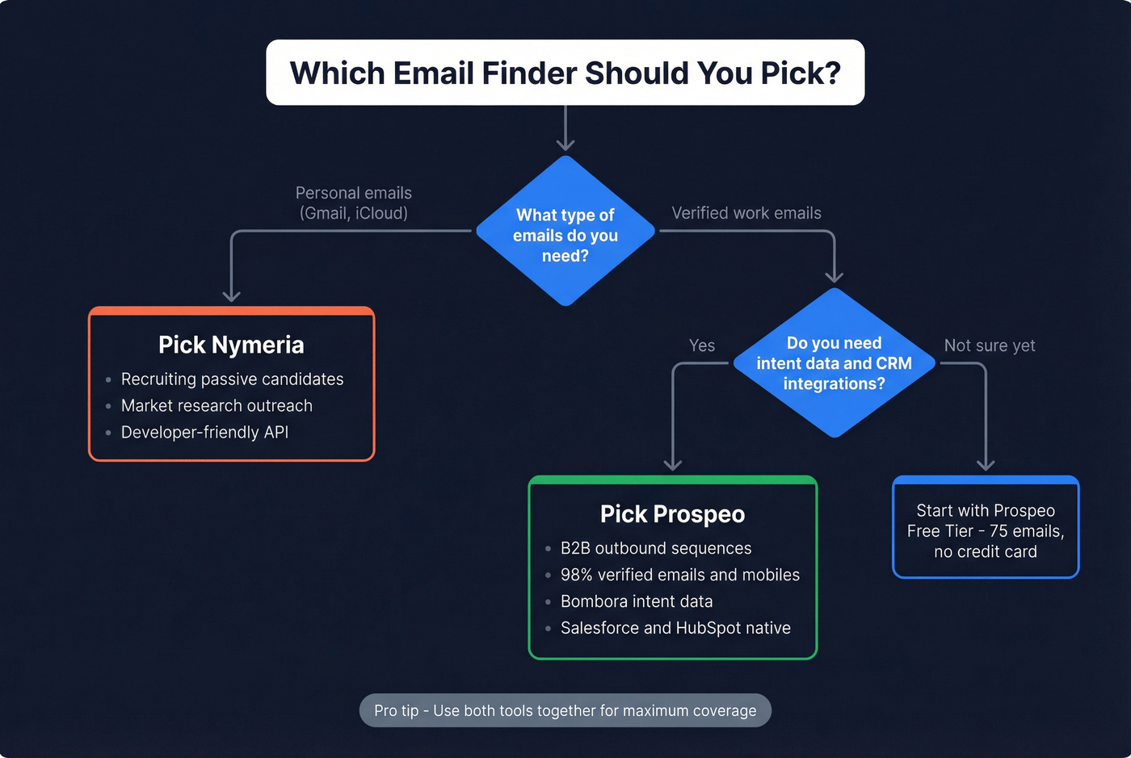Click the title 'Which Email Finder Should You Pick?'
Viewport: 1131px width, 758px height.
pyautogui.click(x=565, y=73)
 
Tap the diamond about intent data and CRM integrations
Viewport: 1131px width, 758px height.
pyautogui.click(x=834, y=363)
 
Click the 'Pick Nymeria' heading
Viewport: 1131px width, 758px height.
pyautogui.click(x=231, y=345)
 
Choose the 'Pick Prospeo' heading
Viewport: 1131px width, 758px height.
pyautogui.click(x=672, y=514)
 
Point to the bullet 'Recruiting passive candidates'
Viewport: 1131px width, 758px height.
pyautogui.click(x=232, y=379)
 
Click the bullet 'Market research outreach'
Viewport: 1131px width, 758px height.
pyautogui.click(x=217, y=406)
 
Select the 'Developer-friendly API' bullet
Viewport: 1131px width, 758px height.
pyautogui.click(x=204, y=433)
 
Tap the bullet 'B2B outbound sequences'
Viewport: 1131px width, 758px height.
pyautogui.click(x=656, y=549)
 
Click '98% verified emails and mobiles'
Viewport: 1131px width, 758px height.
pyautogui.click(x=679, y=576)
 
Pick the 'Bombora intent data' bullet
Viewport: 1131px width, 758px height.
pyautogui.click(x=637, y=602)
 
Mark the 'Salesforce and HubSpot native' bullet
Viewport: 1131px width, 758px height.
pyautogui.click(x=675, y=629)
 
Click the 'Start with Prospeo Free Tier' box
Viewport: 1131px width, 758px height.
pyautogui.click(x=986, y=530)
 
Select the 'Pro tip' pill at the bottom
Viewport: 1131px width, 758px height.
pyautogui.click(x=565, y=710)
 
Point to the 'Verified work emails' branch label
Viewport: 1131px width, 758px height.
pyautogui.click(x=746, y=213)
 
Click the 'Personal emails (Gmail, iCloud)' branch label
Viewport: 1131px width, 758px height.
pyautogui.click(x=354, y=203)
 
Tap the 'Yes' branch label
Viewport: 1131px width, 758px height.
pyautogui.click(x=702, y=345)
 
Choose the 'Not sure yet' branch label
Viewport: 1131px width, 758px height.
pyautogui.click(x=990, y=345)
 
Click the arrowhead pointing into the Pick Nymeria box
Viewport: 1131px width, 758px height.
pyautogui.click(x=232, y=296)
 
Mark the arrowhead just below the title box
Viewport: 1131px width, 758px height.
pyautogui.click(x=565, y=145)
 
